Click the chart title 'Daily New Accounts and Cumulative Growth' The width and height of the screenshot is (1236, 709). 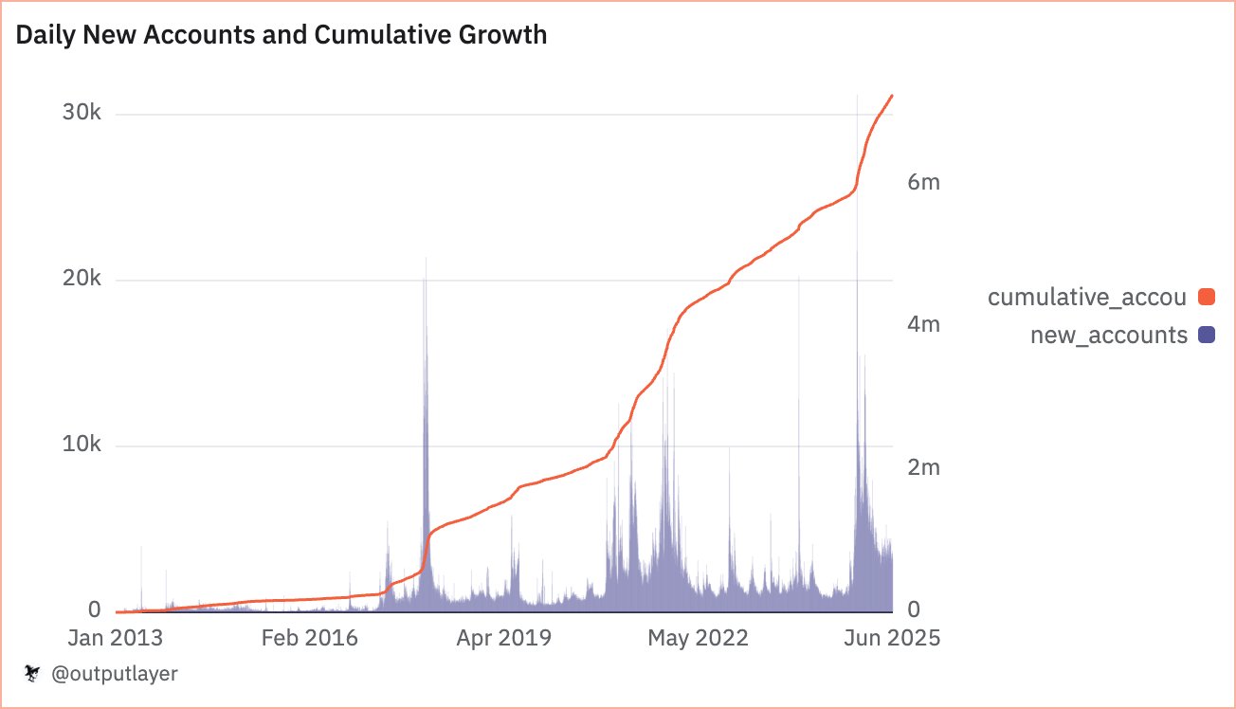click(x=282, y=36)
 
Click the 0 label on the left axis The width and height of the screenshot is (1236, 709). click(x=94, y=610)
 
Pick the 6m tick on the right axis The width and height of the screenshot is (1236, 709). click(x=923, y=182)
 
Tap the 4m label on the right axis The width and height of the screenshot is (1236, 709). click(x=923, y=324)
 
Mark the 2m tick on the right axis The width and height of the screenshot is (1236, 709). click(x=923, y=467)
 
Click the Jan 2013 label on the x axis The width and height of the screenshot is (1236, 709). click(x=116, y=638)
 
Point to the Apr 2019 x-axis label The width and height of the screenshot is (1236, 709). click(x=504, y=638)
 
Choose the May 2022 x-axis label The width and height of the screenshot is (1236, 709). click(x=699, y=638)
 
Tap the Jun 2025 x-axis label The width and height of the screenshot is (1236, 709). click(x=891, y=638)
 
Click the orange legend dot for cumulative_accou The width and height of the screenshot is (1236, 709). click(x=1206, y=298)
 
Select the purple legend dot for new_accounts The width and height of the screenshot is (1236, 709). click(x=1206, y=335)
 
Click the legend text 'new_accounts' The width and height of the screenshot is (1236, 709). click(x=1108, y=335)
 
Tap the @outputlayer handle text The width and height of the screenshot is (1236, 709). click(x=113, y=674)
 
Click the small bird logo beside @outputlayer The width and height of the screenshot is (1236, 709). click(x=32, y=674)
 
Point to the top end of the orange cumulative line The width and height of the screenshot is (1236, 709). click(x=891, y=96)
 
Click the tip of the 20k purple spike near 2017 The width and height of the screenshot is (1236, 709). click(x=426, y=258)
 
